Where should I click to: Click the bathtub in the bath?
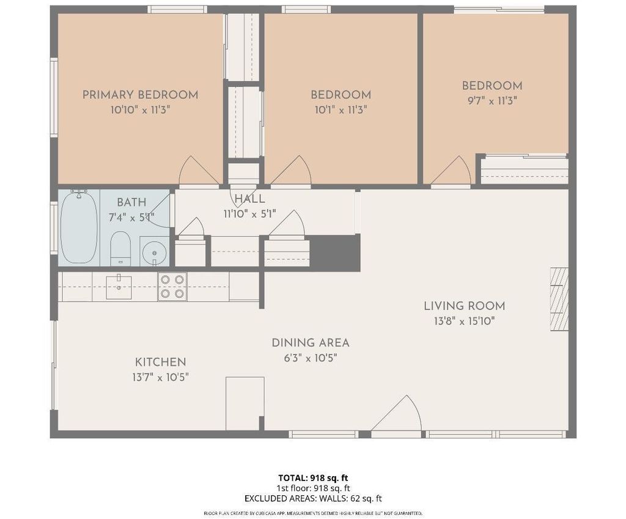click(x=79, y=227)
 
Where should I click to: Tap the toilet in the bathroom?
click(x=120, y=248)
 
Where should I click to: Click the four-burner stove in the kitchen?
click(x=172, y=286)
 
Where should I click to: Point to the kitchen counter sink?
click(x=119, y=287)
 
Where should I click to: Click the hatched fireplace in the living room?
click(x=559, y=299)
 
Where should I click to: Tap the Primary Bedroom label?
click(x=140, y=95)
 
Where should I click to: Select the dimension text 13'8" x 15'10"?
click(x=465, y=321)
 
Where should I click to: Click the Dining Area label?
click(x=311, y=343)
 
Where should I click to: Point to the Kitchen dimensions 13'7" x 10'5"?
click(x=161, y=377)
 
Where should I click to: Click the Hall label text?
click(x=249, y=199)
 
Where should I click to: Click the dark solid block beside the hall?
click(x=335, y=252)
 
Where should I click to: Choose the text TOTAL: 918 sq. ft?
click(x=313, y=478)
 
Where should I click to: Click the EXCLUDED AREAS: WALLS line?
click(x=313, y=499)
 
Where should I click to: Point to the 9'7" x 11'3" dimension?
click(x=492, y=101)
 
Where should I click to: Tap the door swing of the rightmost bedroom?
click(x=451, y=171)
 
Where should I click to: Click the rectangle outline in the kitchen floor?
click(x=245, y=403)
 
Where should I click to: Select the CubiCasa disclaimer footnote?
click(x=313, y=513)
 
